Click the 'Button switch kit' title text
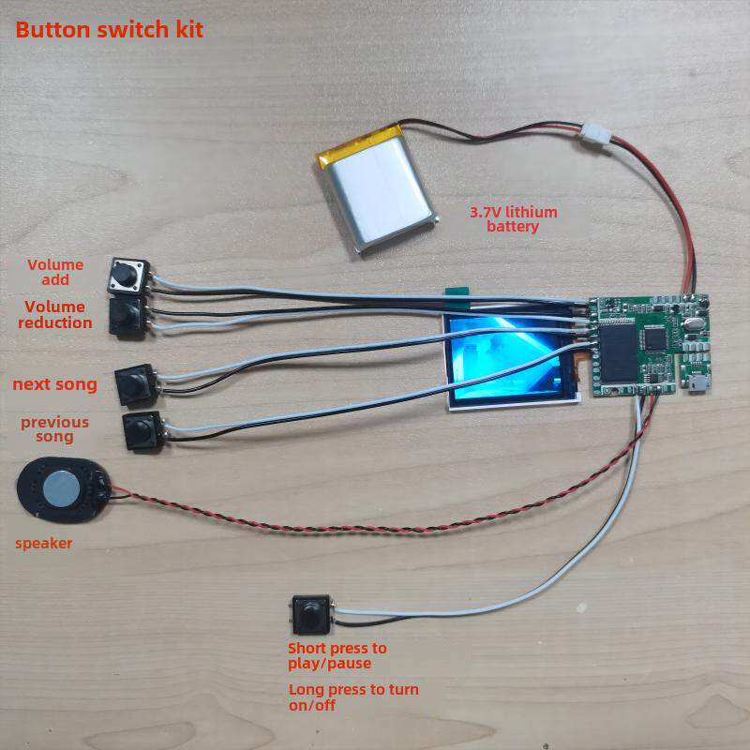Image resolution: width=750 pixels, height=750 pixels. tap(110, 30)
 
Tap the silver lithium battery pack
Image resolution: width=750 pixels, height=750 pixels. tap(378, 187)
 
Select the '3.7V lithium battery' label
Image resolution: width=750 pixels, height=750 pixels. tap(513, 219)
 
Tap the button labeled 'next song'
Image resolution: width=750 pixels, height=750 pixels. tap(136, 385)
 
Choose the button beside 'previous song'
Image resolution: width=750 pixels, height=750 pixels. tap(143, 430)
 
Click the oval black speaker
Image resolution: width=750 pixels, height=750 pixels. tap(64, 489)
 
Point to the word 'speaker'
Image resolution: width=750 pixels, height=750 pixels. tap(43, 544)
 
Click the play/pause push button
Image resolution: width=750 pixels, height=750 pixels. tap(311, 615)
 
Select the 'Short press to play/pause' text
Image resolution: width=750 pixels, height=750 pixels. tap(337, 655)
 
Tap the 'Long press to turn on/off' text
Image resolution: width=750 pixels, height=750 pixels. tap(353, 697)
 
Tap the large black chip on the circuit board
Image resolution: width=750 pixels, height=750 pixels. tap(619, 353)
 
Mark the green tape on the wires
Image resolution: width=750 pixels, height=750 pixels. tap(457, 292)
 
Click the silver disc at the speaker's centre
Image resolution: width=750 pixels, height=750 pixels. tap(61, 488)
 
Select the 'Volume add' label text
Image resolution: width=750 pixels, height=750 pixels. tap(55, 272)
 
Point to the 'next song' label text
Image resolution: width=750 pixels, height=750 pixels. tap(55, 384)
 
